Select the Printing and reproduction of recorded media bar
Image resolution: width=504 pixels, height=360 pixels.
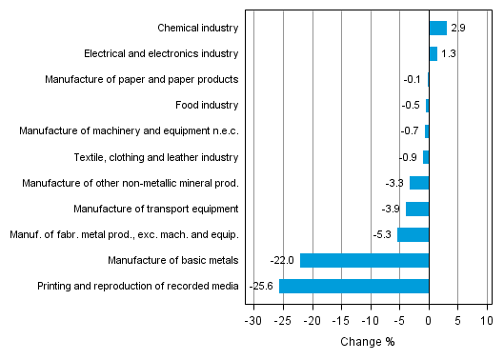[x=353, y=286]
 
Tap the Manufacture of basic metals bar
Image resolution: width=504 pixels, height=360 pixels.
[x=364, y=260]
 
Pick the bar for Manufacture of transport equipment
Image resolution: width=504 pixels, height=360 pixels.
[x=417, y=209]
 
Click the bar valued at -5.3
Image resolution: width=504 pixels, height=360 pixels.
[x=413, y=234]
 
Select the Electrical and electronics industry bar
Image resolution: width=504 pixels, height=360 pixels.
[x=433, y=54]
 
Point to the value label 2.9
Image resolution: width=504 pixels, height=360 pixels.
[x=457, y=29]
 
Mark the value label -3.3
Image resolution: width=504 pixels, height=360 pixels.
[x=395, y=183]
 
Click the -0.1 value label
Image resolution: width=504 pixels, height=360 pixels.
[x=413, y=80]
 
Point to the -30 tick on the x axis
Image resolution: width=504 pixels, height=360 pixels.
[x=252, y=321]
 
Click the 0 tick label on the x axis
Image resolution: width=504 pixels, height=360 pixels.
[x=429, y=321]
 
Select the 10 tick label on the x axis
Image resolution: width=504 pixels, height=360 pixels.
[x=487, y=321]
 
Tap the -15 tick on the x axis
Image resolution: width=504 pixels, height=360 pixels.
[x=340, y=321]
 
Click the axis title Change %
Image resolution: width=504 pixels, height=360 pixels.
[x=367, y=342]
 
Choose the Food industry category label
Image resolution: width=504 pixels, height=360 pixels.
[x=207, y=106]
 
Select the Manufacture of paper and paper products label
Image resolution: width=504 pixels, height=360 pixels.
[x=142, y=80]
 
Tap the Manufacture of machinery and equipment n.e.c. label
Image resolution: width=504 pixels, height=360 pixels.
[x=129, y=131]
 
